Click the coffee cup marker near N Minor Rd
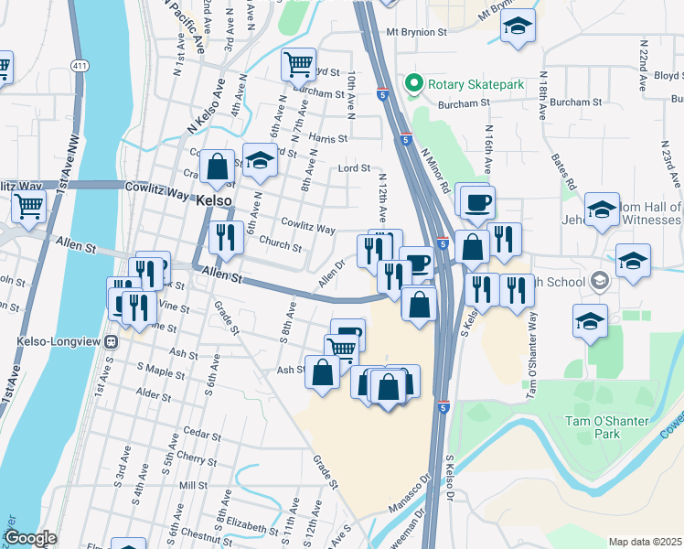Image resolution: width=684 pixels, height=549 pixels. click(476, 202)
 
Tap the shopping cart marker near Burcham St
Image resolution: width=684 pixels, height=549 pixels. click(298, 64)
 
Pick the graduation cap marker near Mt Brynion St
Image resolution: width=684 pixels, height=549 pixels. click(518, 27)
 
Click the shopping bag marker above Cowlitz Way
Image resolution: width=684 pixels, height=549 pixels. click(217, 167)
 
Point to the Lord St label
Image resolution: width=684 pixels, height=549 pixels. click(353, 168)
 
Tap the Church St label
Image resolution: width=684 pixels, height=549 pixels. click(280, 245)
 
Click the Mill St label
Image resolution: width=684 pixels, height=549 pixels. click(194, 485)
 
